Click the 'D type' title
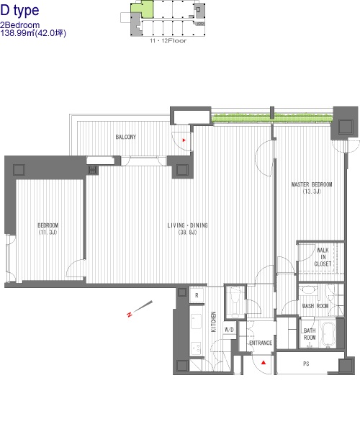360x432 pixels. click(x=19, y=11)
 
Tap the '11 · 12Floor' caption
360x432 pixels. click(x=168, y=41)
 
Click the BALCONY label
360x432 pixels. click(x=126, y=137)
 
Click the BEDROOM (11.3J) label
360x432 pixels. click(x=48, y=229)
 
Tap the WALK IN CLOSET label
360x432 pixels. click(x=323, y=257)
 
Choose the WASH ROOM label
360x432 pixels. click(x=315, y=306)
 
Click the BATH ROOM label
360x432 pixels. click(x=310, y=334)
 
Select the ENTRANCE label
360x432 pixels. click(x=261, y=343)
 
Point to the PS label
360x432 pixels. click(x=306, y=364)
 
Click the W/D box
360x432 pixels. click(x=229, y=330)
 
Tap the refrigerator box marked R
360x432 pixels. click(x=197, y=295)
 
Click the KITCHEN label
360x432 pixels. click(x=213, y=322)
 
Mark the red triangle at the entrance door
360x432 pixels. click(x=264, y=363)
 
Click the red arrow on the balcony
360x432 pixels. click(x=184, y=140)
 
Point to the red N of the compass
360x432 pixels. click(x=129, y=315)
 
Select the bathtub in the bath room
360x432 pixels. click(x=328, y=335)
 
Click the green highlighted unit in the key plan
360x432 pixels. click(x=142, y=9)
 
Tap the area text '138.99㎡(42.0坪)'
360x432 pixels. click(x=33, y=33)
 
